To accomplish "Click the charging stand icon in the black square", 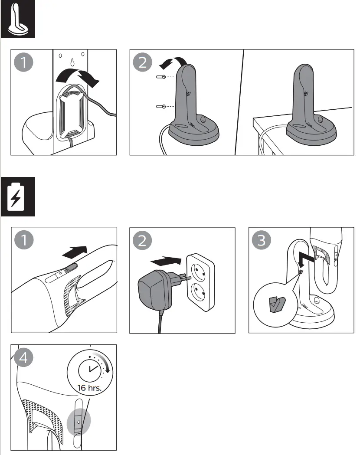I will coord(17,19).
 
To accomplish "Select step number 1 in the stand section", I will coord(24,63).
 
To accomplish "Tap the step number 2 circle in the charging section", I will coord(143,241).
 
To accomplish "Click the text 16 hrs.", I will coord(89,387).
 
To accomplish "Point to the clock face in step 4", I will coord(89,369).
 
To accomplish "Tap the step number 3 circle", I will coord(262,241).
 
